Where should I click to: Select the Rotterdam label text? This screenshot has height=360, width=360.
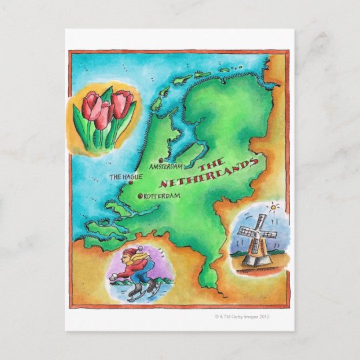(163, 196)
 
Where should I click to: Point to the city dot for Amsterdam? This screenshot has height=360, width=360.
(161, 160)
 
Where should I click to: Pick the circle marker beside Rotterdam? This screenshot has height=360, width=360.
(140, 196)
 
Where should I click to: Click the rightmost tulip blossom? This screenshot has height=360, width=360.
(122, 103)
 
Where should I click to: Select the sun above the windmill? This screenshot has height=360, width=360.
(271, 209)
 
